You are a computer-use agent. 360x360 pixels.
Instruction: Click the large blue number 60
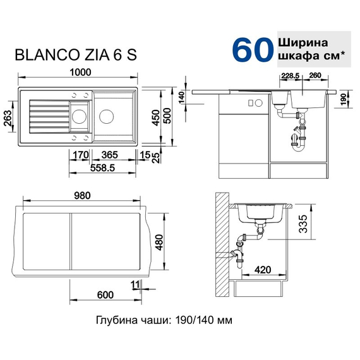pos(253,49)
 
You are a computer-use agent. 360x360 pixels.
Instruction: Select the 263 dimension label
pos(8,116)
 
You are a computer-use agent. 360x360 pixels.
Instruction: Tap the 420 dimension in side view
pos(263,270)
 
